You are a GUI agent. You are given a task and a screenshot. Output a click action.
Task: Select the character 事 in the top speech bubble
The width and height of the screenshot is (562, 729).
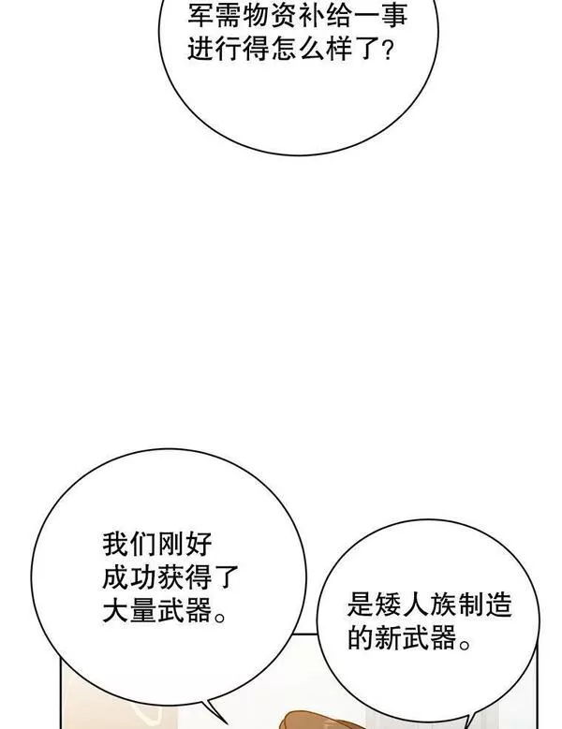tap(395, 15)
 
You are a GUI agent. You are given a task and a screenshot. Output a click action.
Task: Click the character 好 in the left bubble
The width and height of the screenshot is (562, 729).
tap(200, 544)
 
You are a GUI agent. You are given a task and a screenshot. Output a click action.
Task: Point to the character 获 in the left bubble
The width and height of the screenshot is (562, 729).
tap(171, 577)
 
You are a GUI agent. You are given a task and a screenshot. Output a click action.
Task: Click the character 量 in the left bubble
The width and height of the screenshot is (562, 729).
tap(143, 610)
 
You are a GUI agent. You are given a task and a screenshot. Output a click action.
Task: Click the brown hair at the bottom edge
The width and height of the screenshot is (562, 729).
tap(321, 721)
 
